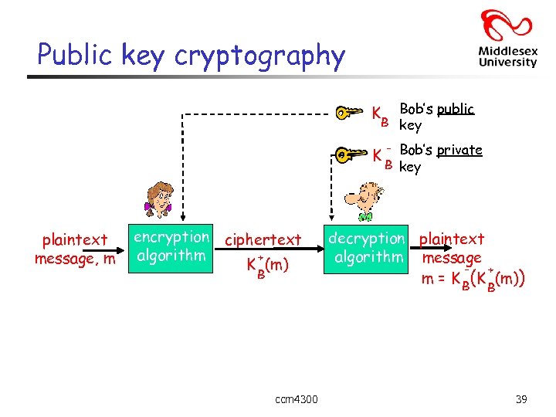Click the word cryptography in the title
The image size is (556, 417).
click(259, 56)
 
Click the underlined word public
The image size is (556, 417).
click(456, 109)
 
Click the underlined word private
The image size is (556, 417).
click(459, 150)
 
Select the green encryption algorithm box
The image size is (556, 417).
click(171, 246)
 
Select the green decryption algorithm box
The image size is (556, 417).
click(367, 247)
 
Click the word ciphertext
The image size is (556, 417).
click(263, 240)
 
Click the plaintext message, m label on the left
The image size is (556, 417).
click(75, 249)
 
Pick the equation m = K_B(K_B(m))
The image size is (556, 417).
click(473, 278)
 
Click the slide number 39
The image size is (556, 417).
click(521, 398)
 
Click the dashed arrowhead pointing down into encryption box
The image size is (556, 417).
click(181, 218)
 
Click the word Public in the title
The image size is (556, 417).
click(75, 55)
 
